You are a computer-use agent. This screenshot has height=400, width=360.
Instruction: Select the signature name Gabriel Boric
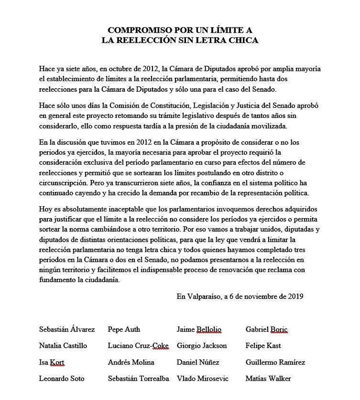[266, 329]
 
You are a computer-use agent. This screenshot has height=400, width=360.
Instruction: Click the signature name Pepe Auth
[124, 329]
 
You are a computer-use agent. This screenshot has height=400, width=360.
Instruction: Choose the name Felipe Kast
[263, 346]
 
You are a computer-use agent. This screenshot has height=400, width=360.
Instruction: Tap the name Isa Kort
[52, 362]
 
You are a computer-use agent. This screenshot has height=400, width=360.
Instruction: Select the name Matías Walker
[268, 379]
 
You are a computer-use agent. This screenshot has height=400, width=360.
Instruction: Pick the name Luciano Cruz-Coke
[138, 346]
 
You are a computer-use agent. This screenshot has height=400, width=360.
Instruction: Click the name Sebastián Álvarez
[67, 329]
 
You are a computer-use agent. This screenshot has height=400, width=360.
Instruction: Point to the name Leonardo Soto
[62, 379]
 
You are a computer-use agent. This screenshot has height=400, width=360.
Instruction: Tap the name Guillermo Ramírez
[276, 362]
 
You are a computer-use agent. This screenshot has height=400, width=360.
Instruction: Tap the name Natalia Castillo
[63, 346]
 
